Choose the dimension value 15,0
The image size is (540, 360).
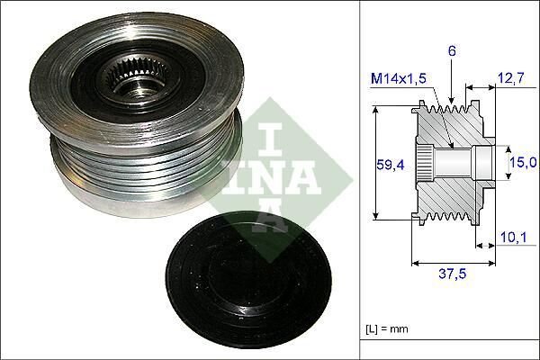(x=523, y=162)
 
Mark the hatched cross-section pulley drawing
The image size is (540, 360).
(x=450, y=163)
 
